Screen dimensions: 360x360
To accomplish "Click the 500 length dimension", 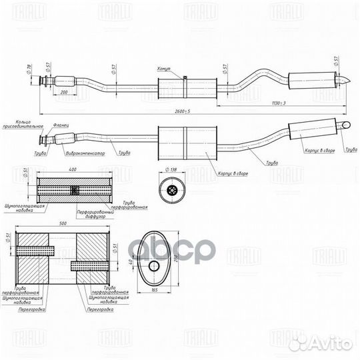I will point(63,225).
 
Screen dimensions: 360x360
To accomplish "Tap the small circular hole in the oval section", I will point(153,267).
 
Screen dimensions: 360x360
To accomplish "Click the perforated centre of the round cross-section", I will point(173,192).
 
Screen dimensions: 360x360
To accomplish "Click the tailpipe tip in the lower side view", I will point(346,125).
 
